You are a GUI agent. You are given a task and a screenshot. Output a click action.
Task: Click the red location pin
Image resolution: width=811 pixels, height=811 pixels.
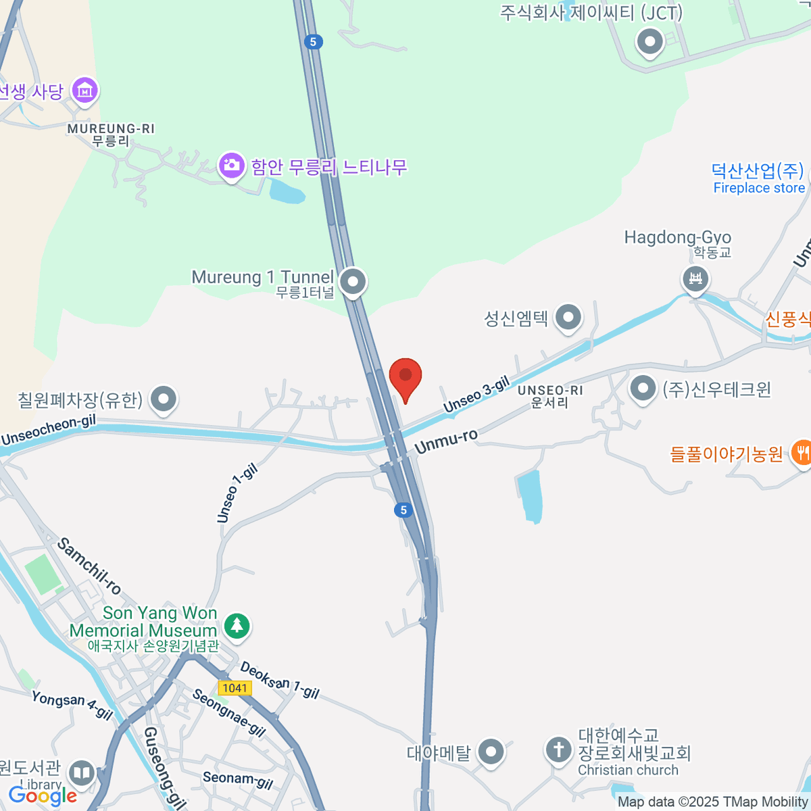(405, 377)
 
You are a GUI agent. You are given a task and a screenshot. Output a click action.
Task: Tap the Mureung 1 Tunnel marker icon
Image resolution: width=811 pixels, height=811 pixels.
(353, 282)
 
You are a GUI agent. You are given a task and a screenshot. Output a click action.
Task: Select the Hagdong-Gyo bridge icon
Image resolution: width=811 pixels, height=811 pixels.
(695, 278)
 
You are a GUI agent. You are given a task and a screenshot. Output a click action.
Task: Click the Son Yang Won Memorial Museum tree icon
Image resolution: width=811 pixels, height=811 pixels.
(236, 625)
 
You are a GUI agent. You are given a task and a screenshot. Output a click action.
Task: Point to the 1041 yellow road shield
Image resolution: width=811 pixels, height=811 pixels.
(235, 688)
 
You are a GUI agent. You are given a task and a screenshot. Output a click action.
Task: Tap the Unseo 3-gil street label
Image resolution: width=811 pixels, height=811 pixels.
(476, 395)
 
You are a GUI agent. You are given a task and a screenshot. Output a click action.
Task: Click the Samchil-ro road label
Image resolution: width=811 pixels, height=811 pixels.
(89, 566)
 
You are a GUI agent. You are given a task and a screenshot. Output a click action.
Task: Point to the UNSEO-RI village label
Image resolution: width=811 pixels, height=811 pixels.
(549, 391)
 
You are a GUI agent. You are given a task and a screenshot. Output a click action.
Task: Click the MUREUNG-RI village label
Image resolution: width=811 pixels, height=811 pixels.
(111, 128)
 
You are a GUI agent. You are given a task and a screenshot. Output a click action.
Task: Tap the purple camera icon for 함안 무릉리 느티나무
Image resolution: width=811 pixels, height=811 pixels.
(231, 165)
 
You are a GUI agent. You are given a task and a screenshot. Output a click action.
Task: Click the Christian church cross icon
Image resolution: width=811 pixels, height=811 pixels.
(558, 749)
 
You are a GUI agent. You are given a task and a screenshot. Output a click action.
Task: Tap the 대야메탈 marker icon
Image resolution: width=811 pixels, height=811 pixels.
(491, 752)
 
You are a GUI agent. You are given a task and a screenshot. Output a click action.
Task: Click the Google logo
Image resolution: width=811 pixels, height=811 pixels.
(43, 795)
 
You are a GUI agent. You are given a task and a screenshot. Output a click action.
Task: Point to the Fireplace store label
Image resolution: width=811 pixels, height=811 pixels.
(759, 188)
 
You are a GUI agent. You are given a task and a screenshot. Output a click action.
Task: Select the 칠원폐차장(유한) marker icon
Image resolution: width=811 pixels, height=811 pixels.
(164, 399)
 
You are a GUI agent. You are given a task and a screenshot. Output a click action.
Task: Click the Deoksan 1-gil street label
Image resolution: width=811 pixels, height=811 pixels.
(279, 680)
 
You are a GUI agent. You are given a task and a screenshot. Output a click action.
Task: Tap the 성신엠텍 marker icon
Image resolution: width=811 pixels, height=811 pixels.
(568, 317)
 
